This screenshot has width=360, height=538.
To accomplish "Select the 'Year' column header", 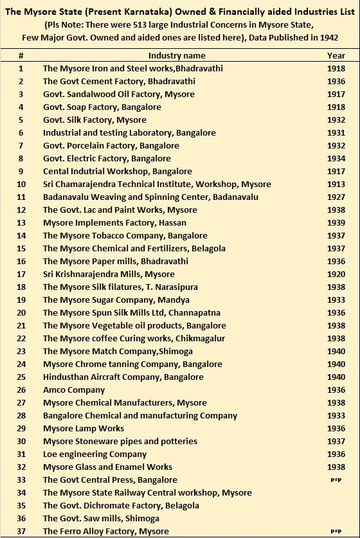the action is (336, 56).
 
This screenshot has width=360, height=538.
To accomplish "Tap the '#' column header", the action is (21, 56).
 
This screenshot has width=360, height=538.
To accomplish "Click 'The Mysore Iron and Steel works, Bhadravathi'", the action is (133, 69).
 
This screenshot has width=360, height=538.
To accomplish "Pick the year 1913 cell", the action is (336, 184).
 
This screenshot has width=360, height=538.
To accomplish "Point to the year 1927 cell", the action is (336, 197).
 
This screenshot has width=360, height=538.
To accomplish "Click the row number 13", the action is (21, 223).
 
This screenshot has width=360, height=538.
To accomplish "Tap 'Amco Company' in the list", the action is (74, 390).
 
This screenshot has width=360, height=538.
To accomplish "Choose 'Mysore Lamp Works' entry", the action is (84, 429).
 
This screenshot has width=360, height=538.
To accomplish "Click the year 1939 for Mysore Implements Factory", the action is (336, 223).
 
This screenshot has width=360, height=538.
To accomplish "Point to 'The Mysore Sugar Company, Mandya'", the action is (116, 300).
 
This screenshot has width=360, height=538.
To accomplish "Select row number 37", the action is (21, 532).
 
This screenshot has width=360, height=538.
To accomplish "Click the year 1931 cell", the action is (336, 133).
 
